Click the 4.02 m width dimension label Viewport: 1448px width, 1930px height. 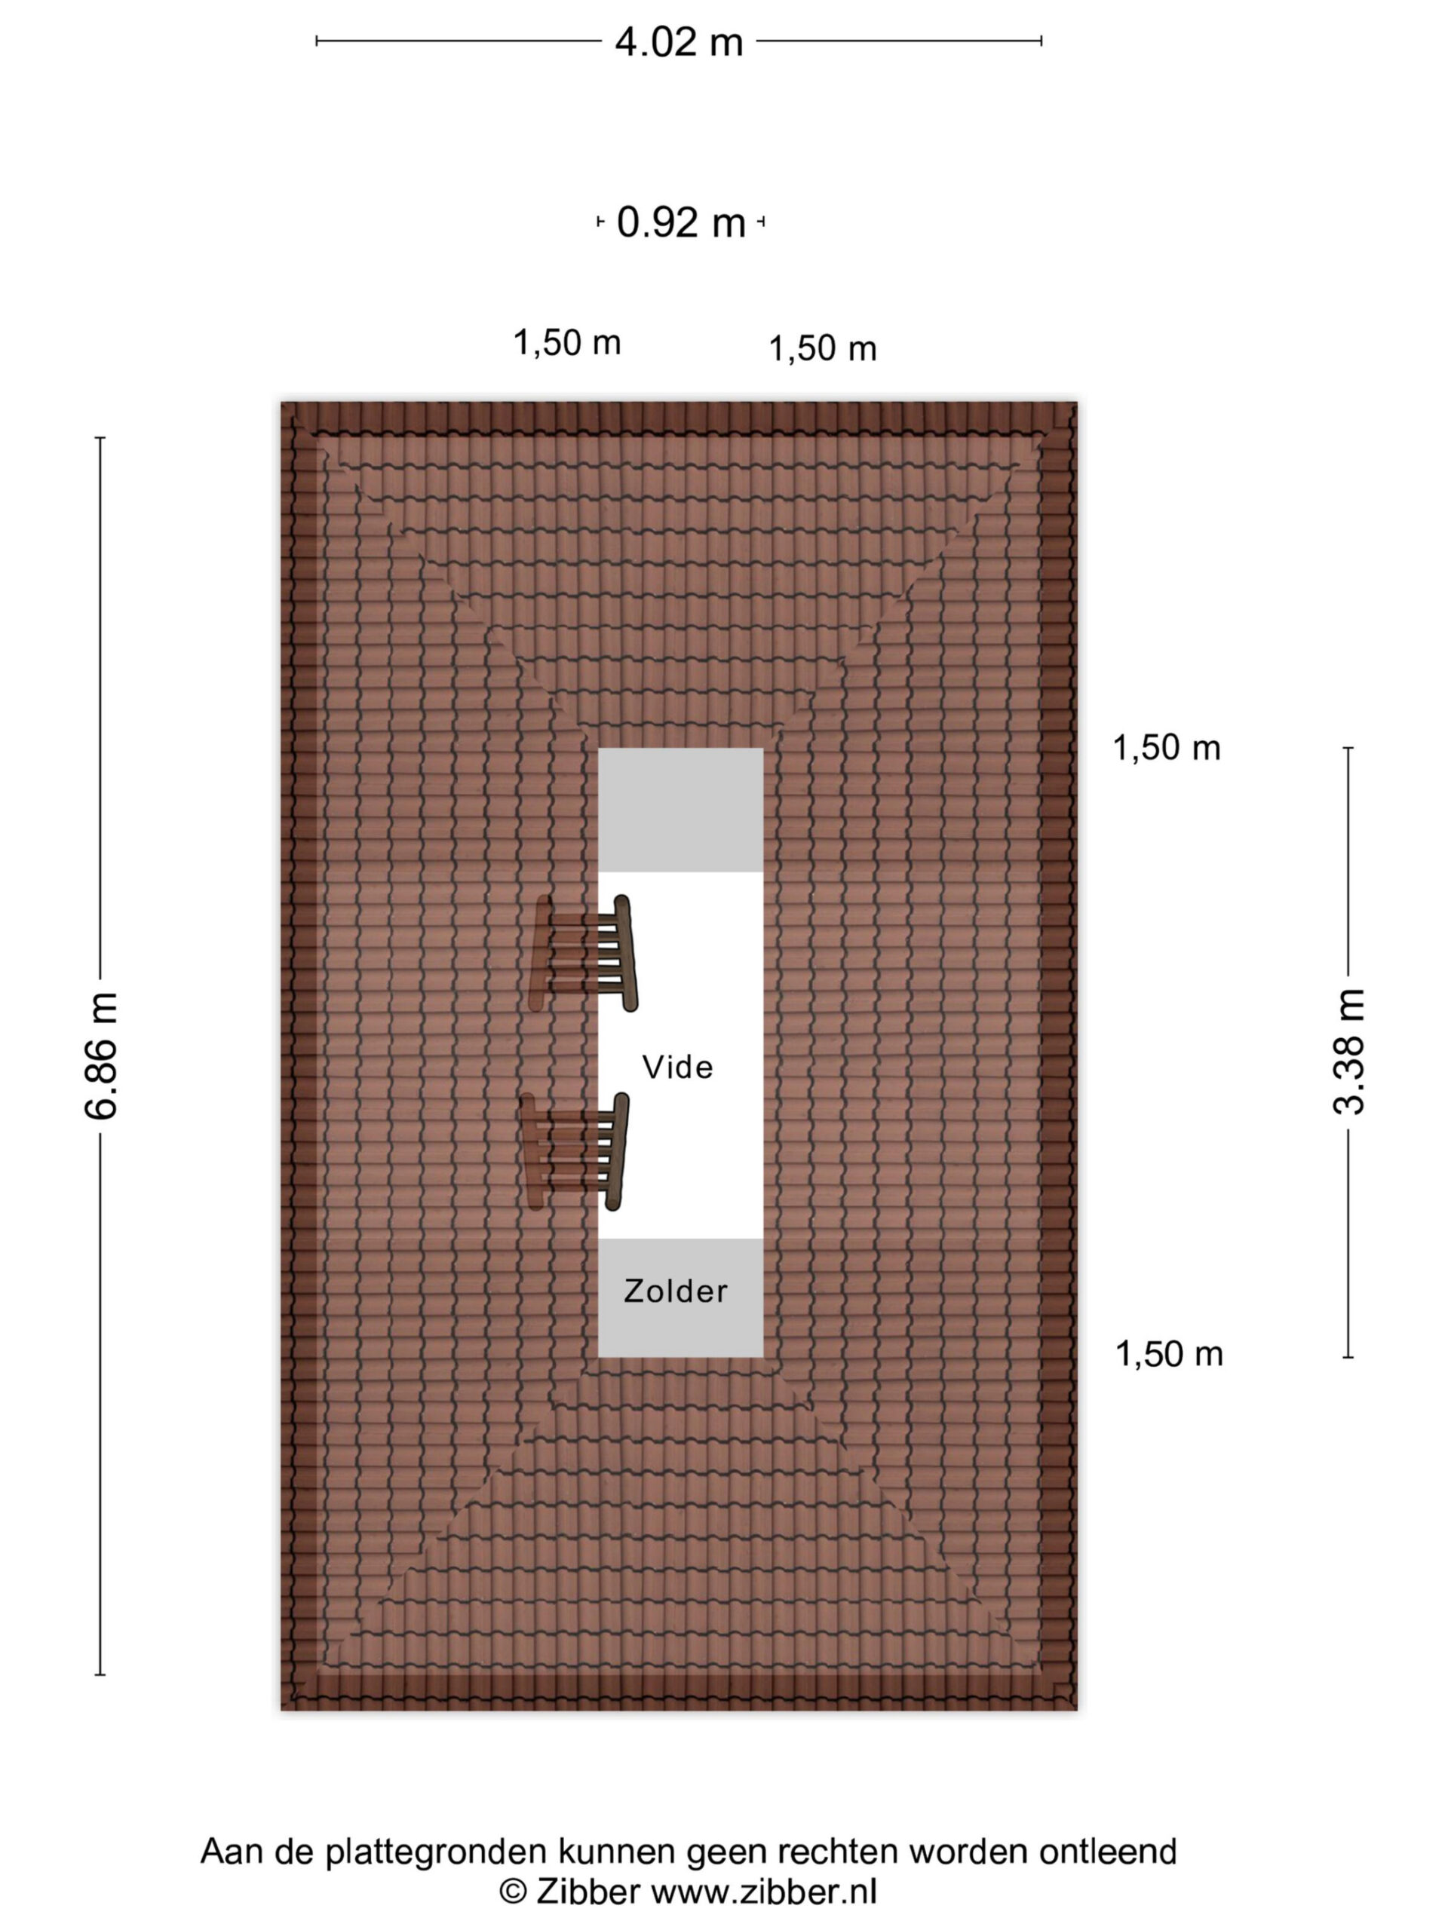(678, 42)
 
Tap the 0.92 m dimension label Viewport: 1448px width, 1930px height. (681, 222)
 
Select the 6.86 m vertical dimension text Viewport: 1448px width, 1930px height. (101, 1055)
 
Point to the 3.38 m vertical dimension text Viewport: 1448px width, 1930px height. (1348, 1052)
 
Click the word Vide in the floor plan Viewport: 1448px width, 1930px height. (677, 1067)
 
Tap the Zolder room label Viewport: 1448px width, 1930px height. (676, 1291)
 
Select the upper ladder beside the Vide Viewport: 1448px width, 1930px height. (584, 953)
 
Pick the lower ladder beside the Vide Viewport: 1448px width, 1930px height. (576, 1152)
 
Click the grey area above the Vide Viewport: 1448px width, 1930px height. (680, 810)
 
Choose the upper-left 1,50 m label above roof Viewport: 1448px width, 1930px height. (566, 343)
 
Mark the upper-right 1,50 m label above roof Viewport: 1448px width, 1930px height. (822, 349)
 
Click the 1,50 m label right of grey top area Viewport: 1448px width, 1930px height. (1166, 748)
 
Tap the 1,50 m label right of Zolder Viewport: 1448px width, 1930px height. (1169, 1354)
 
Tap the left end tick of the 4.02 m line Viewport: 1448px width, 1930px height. (317, 40)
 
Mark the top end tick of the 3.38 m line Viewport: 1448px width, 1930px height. (1348, 748)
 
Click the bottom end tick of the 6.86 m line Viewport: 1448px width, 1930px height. (100, 1674)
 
